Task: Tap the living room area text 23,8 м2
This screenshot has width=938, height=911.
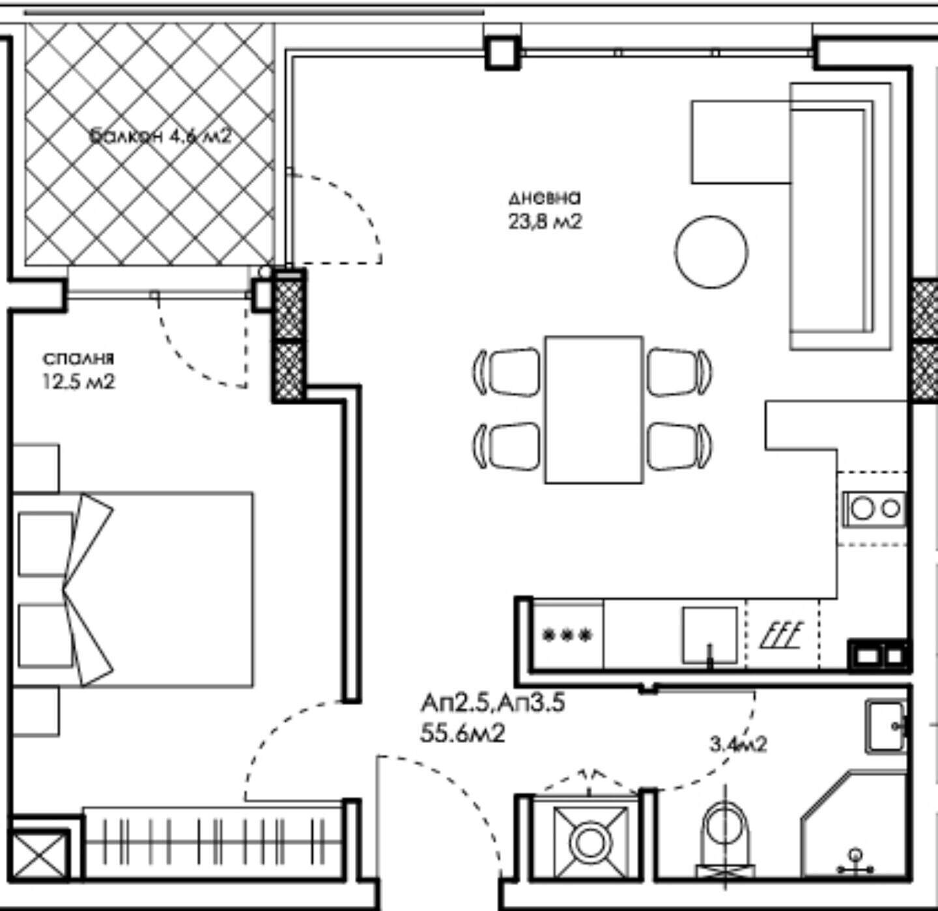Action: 545,221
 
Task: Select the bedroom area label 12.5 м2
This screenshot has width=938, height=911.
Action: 79,382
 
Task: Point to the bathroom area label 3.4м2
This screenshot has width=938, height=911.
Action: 739,744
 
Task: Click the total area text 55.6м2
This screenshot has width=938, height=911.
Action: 462,734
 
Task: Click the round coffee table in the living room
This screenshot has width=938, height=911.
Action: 711,252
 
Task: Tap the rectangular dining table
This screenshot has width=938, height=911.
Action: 594,410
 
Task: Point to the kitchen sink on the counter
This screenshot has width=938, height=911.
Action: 709,635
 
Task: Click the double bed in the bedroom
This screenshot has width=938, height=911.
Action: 132,589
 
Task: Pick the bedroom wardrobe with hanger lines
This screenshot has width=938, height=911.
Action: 214,841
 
